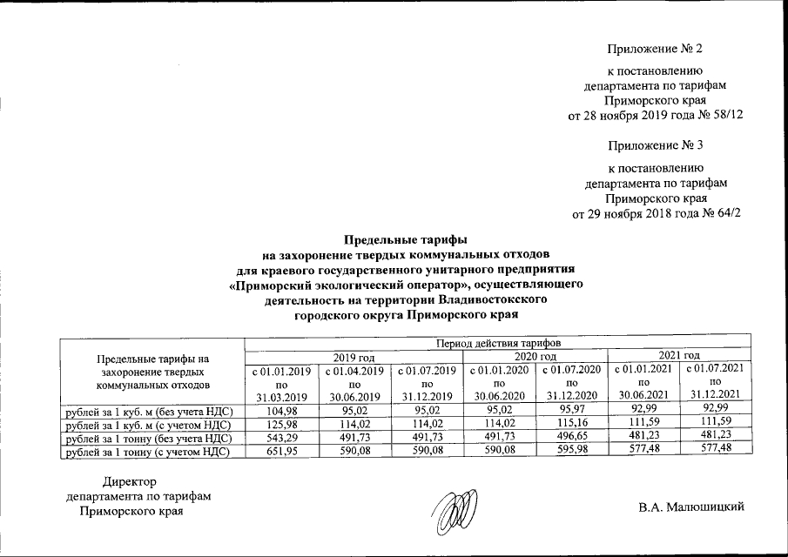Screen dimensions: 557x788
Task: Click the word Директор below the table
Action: (129, 481)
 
